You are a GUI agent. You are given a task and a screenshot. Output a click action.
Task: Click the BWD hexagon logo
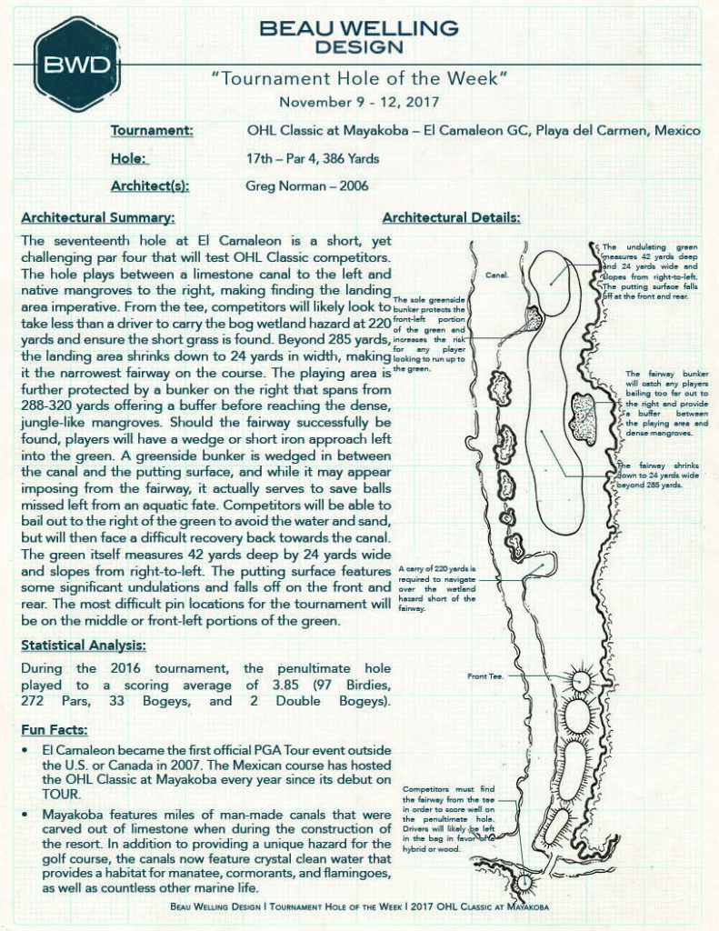[78, 64]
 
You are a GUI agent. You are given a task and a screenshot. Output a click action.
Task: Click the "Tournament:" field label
[152, 131]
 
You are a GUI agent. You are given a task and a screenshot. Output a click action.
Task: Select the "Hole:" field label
[129, 158]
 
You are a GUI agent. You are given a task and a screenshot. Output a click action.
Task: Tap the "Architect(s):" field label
[150, 185]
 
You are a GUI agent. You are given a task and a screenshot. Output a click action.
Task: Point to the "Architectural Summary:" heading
[97, 218]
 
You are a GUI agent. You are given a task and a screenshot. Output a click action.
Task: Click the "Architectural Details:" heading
[452, 218]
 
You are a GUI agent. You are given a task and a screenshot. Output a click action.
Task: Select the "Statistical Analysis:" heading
[83, 646]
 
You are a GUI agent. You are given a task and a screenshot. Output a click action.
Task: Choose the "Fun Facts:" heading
[55, 730]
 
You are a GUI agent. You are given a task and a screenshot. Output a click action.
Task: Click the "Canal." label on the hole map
[497, 274]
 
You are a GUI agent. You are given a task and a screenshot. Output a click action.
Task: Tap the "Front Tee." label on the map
[486, 676]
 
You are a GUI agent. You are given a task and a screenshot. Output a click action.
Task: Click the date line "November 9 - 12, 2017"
[359, 102]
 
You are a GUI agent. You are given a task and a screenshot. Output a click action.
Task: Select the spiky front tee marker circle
[581, 678]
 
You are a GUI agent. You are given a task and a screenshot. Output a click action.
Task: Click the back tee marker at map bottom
[524, 882]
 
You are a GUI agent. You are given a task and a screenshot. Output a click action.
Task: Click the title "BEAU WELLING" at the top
[359, 28]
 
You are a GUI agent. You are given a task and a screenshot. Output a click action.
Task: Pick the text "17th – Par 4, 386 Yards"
[313, 158]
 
